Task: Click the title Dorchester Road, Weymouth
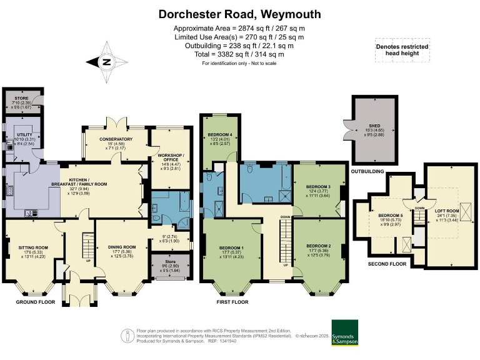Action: coord(240,14)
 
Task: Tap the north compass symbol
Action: coord(106,62)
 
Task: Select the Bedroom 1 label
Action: coord(231,247)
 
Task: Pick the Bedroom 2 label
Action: coord(319,246)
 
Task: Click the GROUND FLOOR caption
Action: coord(36,302)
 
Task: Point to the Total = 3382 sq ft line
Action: coord(240,54)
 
